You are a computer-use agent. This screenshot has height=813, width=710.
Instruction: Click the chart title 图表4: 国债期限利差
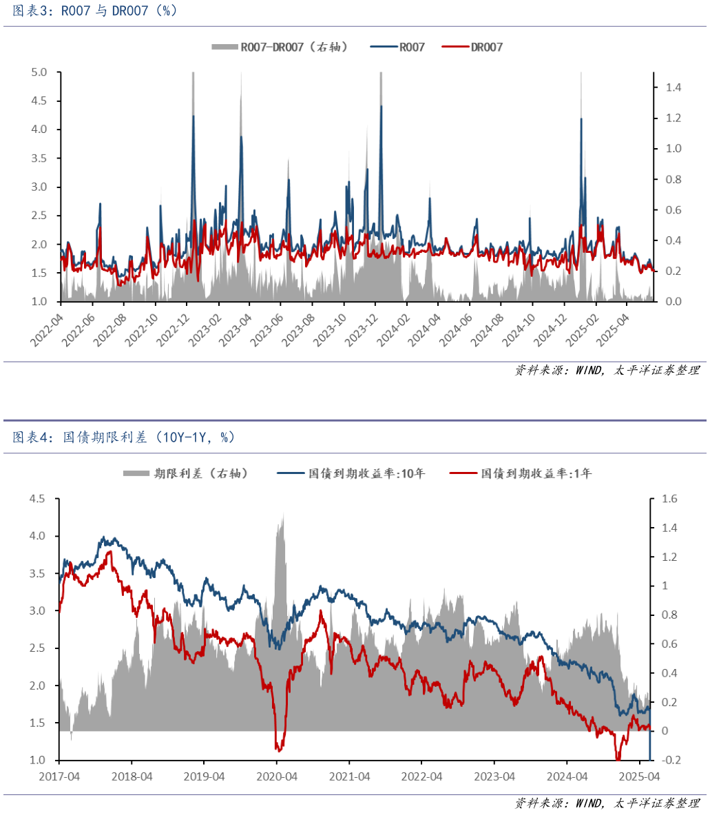tap(124, 438)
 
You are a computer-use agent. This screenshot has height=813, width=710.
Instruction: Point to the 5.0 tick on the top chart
tap(39, 72)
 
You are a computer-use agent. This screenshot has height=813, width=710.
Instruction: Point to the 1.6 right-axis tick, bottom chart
tap(669, 499)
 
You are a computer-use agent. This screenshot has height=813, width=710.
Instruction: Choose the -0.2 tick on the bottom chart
tap(670, 760)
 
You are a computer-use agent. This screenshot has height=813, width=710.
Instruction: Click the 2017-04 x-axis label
tap(60, 776)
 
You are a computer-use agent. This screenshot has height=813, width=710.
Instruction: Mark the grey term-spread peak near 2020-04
tap(282, 514)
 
